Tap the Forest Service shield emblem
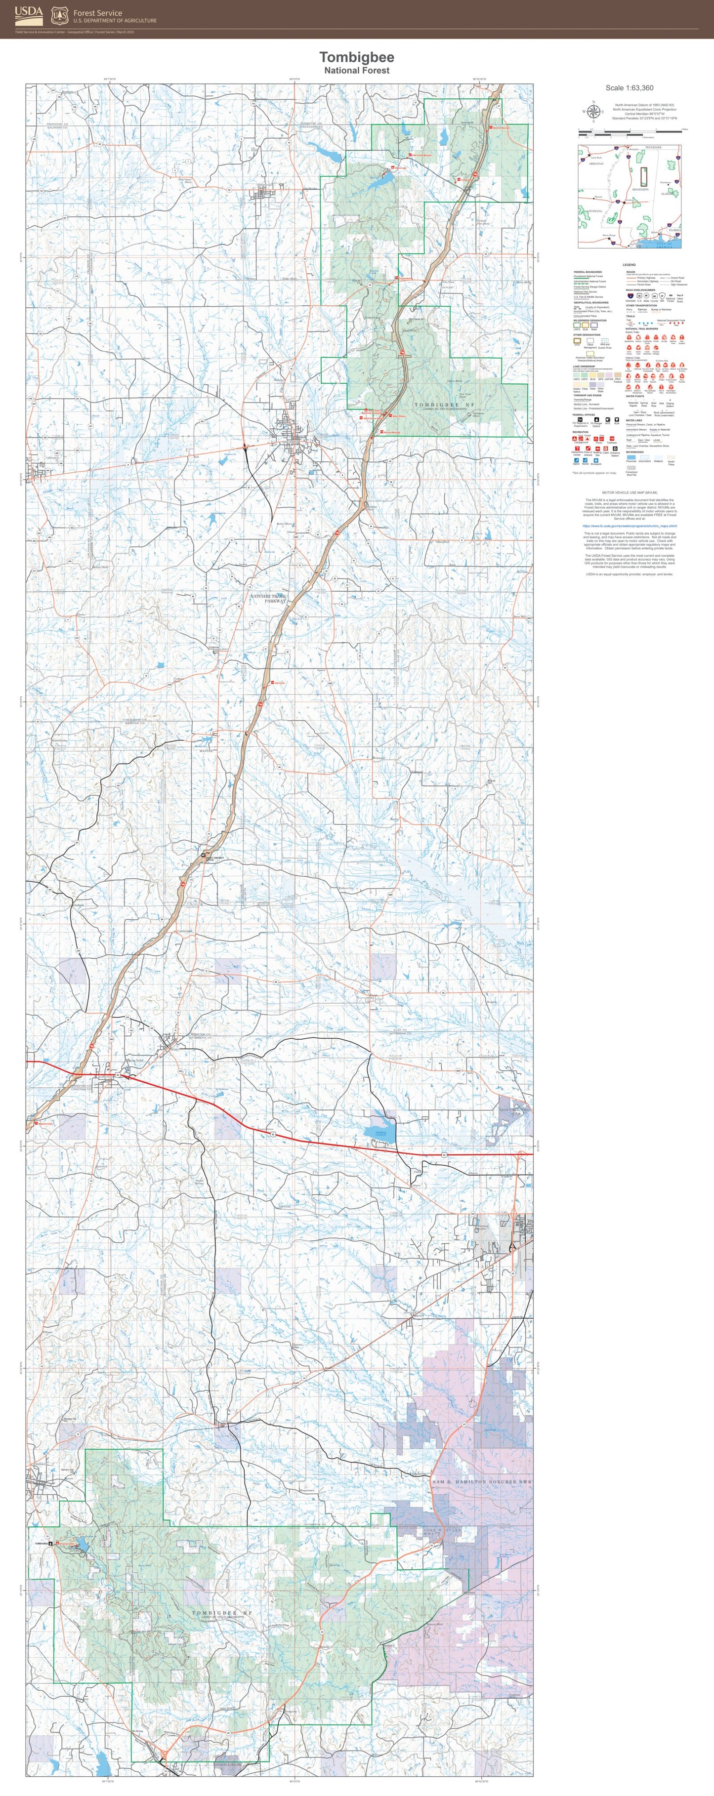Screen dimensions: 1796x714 (60, 15)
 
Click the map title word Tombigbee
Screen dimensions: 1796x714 (356, 57)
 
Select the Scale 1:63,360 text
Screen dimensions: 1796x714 (629, 88)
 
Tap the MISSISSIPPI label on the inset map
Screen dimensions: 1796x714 (639, 190)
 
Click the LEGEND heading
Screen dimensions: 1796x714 (629, 265)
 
